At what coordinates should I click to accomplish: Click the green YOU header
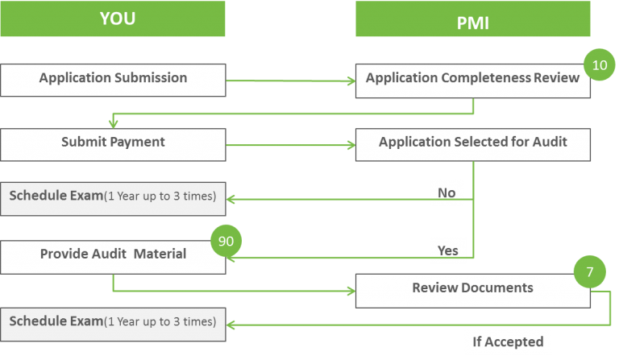click(113, 19)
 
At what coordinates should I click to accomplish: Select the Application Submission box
click(113, 79)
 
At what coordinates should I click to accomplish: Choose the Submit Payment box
click(113, 143)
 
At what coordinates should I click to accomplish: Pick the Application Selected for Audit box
click(472, 143)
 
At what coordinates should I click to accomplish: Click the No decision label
click(447, 193)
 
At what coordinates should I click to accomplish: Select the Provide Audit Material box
click(113, 254)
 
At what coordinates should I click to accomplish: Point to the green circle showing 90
click(226, 241)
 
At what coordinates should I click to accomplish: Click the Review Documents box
click(472, 288)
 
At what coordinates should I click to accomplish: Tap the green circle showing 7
click(590, 272)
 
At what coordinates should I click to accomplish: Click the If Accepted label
click(508, 341)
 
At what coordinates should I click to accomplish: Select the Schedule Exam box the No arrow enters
click(113, 197)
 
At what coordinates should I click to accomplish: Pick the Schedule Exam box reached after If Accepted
click(113, 322)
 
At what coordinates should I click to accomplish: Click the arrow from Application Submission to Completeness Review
click(290, 81)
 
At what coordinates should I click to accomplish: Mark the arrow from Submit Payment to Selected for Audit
click(290, 146)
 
